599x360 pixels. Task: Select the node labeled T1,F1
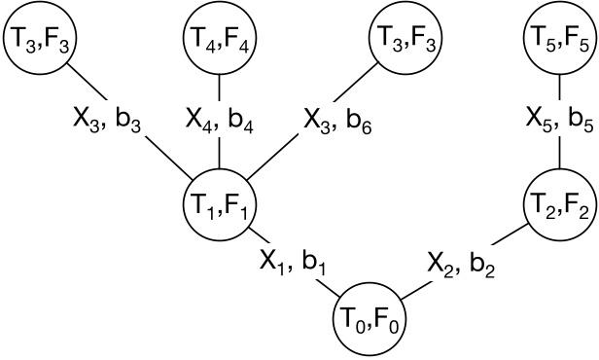tap(219, 204)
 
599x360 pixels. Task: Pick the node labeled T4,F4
tap(219, 39)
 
